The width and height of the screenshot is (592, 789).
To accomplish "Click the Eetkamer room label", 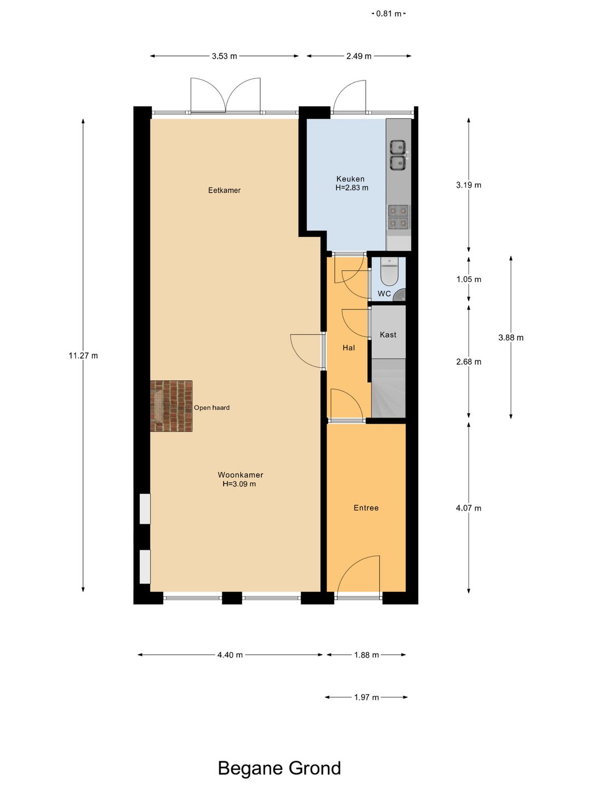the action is coord(224,190).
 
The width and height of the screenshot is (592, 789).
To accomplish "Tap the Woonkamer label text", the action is coord(241,475).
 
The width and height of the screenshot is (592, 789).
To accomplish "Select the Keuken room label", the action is coord(350,179).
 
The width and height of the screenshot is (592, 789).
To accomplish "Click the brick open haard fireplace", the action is coord(171,406).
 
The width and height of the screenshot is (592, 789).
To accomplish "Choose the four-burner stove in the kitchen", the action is coord(399,217).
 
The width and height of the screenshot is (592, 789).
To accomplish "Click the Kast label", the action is coord(388,335).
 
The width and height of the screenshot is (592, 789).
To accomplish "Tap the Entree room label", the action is coord(366,508).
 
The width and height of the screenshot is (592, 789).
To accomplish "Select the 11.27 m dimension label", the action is coord(83,356).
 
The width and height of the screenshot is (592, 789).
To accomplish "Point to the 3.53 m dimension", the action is coord(224,56).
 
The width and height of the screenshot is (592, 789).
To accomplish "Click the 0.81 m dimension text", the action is coord(389,14).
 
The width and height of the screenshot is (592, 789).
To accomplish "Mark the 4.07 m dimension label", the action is coord(469,508).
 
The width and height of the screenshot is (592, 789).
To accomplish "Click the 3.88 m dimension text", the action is coord(511,338).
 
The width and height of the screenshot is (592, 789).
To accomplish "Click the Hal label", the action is coord(349,347).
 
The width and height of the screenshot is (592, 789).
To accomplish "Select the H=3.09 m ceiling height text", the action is coord(240,484).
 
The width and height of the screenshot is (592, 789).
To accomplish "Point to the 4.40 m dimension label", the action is coord(230,655).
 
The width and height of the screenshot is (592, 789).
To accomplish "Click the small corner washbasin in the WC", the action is coord(400,295).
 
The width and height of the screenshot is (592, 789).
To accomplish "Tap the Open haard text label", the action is coord(212,408).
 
